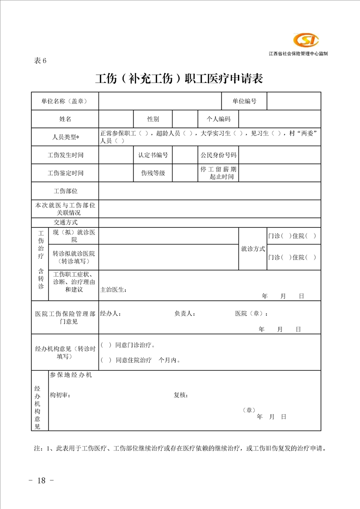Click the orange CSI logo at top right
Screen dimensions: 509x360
[306, 41]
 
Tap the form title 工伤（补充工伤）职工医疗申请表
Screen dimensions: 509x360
[179, 78]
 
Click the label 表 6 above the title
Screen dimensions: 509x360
[40, 61]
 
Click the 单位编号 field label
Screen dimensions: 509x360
[244, 101]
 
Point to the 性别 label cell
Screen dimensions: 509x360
[153, 119]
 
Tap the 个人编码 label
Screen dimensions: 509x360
[218, 119]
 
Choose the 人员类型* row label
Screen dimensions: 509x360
[65, 137]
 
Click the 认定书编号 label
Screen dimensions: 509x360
[153, 155]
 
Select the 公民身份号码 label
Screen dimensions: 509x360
[218, 155]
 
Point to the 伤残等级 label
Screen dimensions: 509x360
[153, 173]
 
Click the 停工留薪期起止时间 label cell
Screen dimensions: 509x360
[218, 173]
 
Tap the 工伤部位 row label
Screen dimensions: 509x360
[65, 191]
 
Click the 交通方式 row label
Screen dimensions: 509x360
[65, 222]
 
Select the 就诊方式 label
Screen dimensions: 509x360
[253, 249]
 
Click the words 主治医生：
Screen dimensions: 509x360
[113, 290]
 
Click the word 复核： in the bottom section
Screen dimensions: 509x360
[181, 395]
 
